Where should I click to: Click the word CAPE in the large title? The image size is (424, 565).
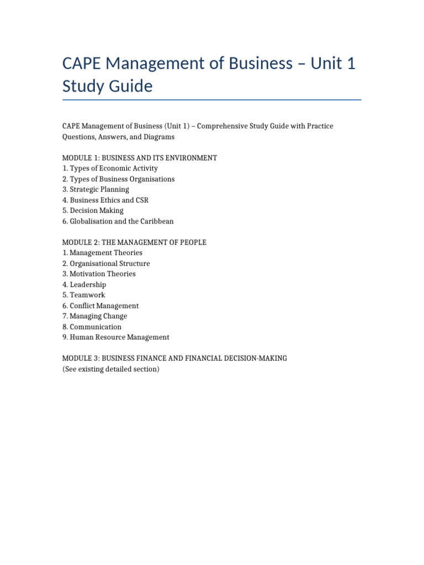coord(84,64)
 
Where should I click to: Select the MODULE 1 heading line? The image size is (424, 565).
coord(140,158)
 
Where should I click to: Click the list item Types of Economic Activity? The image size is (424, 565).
coord(110,168)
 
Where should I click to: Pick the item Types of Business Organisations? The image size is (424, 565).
coord(118,179)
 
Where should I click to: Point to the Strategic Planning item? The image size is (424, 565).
coord(96,189)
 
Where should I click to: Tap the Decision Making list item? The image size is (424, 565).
coord(93,210)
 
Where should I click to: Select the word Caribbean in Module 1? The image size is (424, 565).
coord(156,221)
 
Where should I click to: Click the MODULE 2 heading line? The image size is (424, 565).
coord(134,242)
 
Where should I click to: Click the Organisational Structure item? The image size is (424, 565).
coord(106,263)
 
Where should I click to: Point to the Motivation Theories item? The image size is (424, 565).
coord(99,274)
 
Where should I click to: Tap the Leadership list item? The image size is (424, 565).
coord(84,285)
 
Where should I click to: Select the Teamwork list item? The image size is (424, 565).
coord(83,295)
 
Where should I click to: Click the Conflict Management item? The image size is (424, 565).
coord(100,306)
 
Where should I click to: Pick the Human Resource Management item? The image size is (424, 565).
coord(116,337)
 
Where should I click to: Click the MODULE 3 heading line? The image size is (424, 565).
coord(174,359)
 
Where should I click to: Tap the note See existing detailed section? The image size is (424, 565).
coord(110,369)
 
